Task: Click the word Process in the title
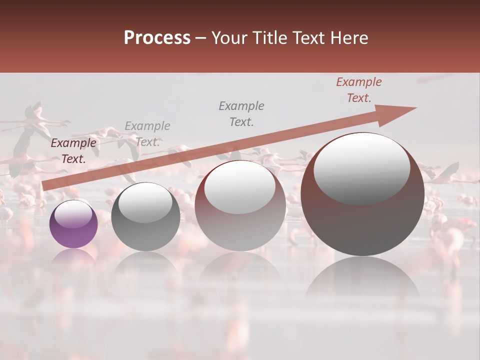pos(157,38)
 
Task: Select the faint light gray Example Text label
pos(147,134)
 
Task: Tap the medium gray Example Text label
pos(241,113)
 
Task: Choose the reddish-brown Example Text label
pos(359,90)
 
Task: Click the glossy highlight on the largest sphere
pos(361,168)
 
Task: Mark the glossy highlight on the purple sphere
pos(73,214)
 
